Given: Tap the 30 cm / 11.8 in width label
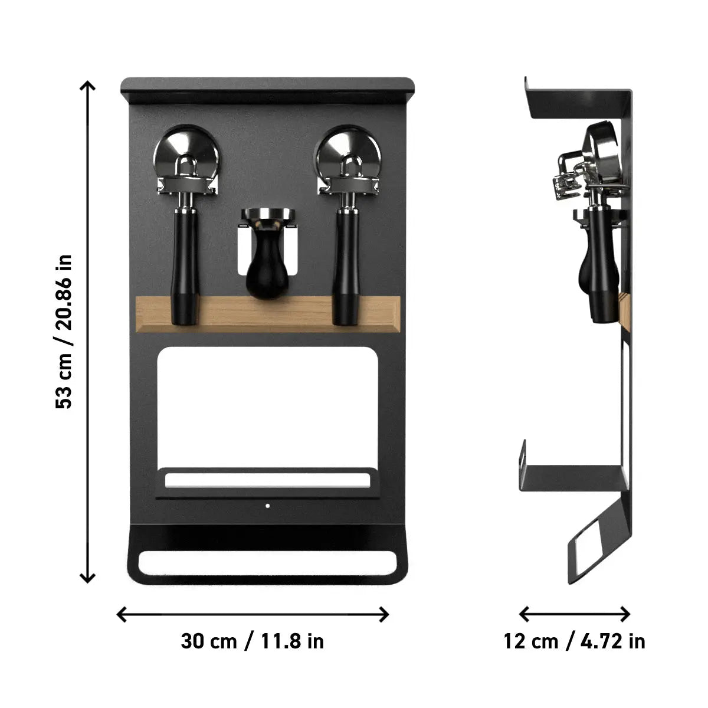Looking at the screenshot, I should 253,641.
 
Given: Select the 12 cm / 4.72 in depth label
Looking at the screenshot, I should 574,641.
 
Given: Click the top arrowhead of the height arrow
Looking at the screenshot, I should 88,86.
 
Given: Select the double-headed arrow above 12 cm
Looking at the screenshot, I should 575,614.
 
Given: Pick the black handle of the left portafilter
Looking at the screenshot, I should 186,265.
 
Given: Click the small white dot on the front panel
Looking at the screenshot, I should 267,506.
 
